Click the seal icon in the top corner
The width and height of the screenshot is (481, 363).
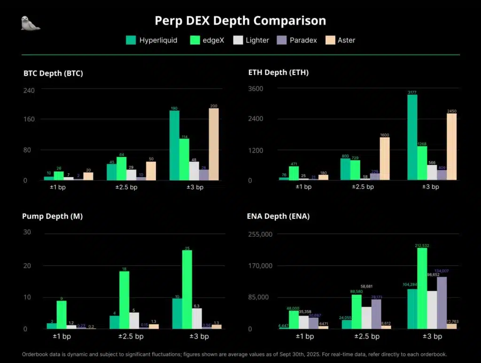pos(31,23)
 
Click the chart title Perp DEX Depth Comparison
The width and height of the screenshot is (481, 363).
pos(240,21)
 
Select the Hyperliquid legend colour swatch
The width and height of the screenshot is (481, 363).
pos(131,40)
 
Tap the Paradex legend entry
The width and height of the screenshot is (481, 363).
pos(298,40)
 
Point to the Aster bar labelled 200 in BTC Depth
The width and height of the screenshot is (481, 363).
pos(214,144)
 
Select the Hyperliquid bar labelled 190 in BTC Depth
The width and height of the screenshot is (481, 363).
pos(174,145)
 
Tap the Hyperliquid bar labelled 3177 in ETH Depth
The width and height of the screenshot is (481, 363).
pos(412,137)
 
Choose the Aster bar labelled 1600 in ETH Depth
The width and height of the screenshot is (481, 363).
pos(385,158)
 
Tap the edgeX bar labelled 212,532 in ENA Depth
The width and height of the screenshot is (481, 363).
pos(422,288)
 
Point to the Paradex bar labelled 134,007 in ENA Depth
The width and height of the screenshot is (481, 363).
pos(442,302)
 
